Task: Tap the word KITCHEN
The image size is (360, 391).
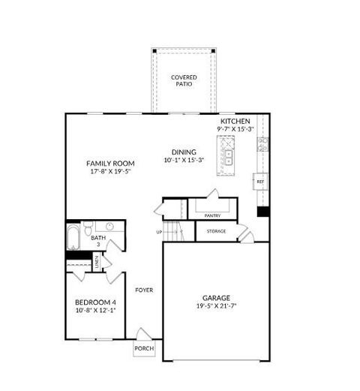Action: click(x=235, y=121)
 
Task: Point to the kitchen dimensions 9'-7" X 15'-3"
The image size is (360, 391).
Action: click(x=236, y=129)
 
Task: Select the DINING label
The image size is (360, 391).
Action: click(x=184, y=152)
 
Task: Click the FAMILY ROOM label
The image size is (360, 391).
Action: click(x=110, y=163)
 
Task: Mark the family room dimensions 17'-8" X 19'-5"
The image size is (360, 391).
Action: click(x=110, y=172)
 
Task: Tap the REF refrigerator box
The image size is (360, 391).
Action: click(x=260, y=182)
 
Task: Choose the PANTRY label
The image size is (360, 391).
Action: click(x=212, y=216)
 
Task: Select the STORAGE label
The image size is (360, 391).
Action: click(x=216, y=231)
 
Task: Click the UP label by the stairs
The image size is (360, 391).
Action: click(x=159, y=232)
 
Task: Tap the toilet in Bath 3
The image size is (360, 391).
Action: click(x=88, y=228)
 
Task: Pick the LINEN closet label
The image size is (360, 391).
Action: click(x=96, y=262)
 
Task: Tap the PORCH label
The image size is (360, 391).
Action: click(x=144, y=349)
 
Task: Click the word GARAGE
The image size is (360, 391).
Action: click(x=216, y=297)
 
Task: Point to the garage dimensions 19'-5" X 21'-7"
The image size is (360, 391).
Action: click(x=216, y=306)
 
